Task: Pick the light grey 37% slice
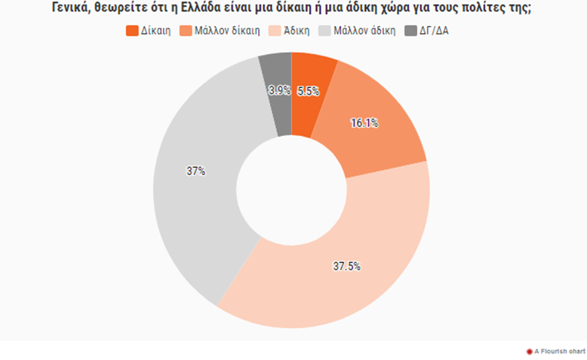[x=198, y=198]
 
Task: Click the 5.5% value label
[x=309, y=91]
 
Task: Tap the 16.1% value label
[x=364, y=123]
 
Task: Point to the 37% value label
[x=196, y=171]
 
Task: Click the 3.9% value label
[x=280, y=91]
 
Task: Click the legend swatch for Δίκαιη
[x=132, y=31]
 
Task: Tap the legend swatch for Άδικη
[x=274, y=31]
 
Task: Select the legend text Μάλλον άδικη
[x=364, y=31]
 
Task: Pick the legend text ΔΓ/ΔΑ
[x=433, y=31]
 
